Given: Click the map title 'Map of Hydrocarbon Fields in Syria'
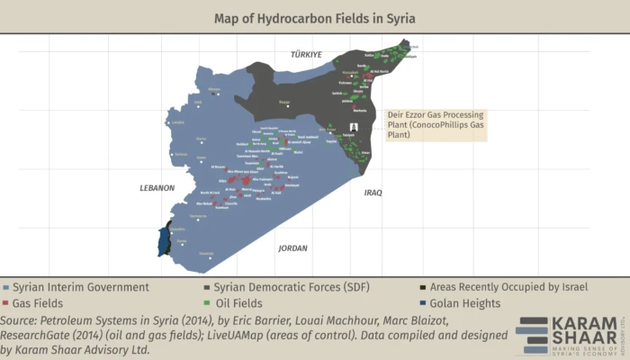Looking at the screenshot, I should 314,18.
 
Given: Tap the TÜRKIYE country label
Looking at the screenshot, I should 305,55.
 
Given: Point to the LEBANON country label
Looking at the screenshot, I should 156,188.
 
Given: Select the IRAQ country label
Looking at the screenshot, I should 373,193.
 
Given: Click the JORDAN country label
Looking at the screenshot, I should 292,247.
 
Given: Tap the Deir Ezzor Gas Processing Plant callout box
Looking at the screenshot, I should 434,125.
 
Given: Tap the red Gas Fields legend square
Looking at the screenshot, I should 7,303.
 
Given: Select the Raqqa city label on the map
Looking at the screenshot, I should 285,103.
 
